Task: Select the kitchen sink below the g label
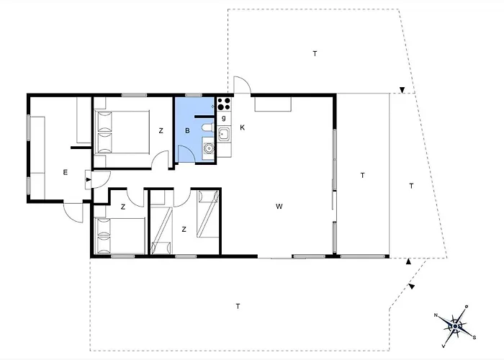[224, 133]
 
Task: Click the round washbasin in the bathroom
[209, 150]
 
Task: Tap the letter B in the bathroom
[187, 131]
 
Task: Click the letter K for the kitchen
[243, 127]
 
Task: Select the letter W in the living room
[278, 207]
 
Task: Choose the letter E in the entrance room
[65, 171]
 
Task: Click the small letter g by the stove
[224, 117]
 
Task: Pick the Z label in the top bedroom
[161, 130]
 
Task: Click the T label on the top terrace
[315, 54]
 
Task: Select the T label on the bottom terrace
[238, 307]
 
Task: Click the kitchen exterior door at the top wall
[242, 86]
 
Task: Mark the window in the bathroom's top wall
[194, 95]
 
